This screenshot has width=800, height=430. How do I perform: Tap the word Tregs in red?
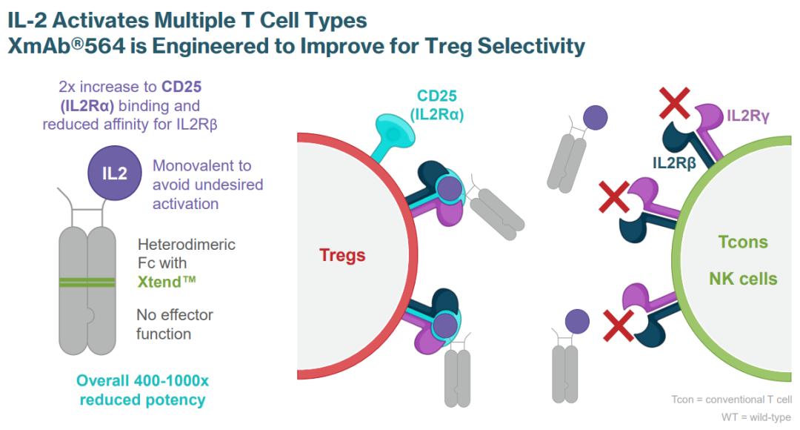click(342, 255)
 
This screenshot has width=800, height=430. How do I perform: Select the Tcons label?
click(743, 242)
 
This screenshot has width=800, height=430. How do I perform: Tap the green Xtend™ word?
click(167, 282)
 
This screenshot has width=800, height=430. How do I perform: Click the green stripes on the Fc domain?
click(87, 282)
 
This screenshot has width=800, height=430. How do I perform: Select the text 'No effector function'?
click(174, 324)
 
